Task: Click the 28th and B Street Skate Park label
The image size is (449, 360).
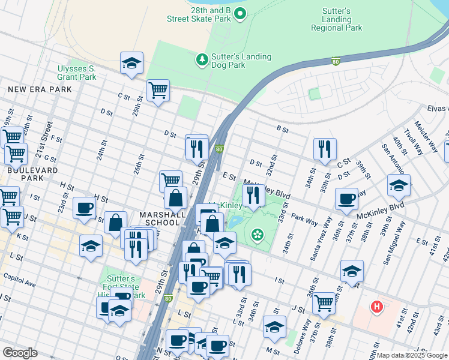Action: (199, 14)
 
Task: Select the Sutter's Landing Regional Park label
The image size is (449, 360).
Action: (336, 19)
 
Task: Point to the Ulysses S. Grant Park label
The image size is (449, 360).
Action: (77, 73)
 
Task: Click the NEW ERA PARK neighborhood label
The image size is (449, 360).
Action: (40, 89)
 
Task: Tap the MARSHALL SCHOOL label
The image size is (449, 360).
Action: (160, 218)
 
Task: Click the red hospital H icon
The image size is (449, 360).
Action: (376, 307)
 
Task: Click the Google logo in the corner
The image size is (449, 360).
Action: (20, 353)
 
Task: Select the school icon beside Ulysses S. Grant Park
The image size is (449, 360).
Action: (131, 63)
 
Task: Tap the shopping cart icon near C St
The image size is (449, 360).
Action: (158, 91)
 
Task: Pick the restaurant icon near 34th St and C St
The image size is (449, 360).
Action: (325, 149)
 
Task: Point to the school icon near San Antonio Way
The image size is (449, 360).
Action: (399, 185)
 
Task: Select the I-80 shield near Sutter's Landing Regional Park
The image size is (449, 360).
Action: (336, 61)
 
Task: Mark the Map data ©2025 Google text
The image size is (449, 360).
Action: (412, 355)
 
